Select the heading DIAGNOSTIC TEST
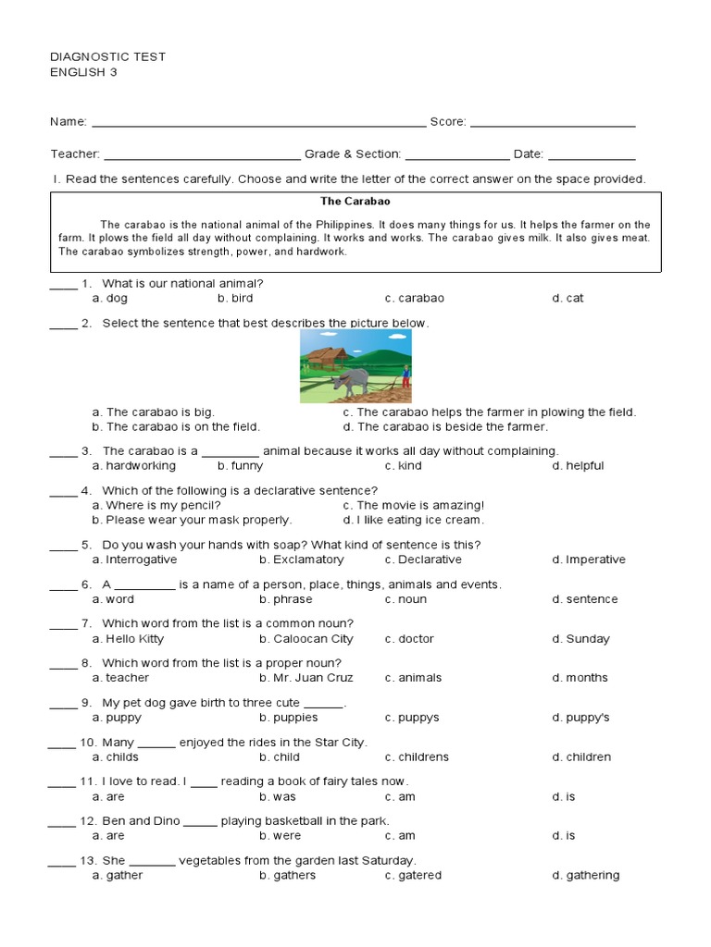(x=107, y=56)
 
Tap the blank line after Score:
(x=553, y=123)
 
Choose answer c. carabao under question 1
(x=415, y=299)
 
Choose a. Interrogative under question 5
(x=134, y=560)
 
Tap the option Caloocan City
(x=306, y=639)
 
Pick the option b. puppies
(x=289, y=718)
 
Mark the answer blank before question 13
(x=62, y=862)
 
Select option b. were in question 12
(x=281, y=836)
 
